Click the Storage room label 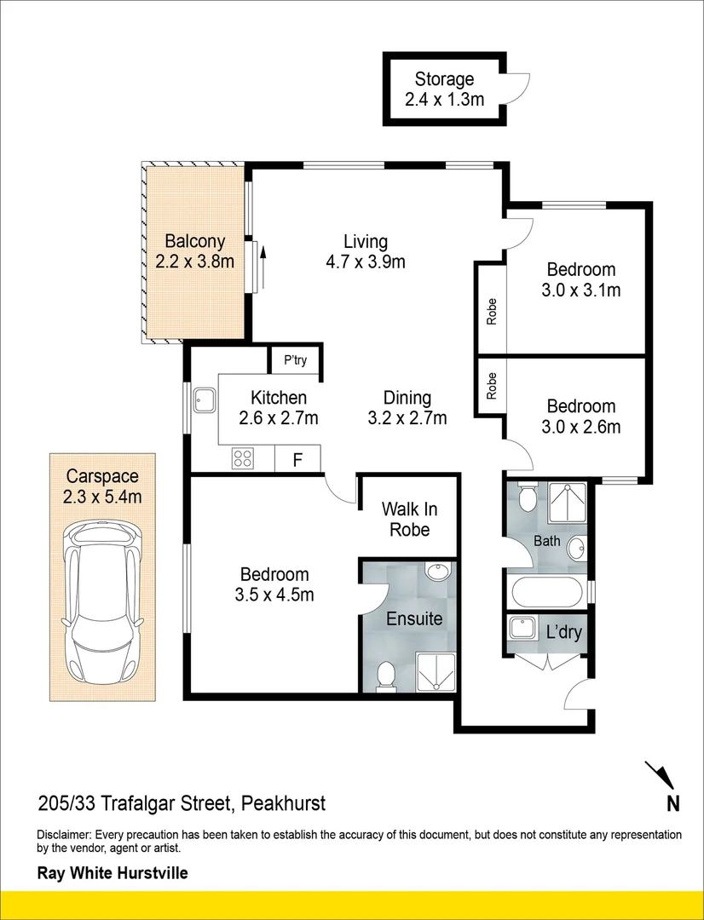(x=444, y=78)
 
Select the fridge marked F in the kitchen (x=297, y=459)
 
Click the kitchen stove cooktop (x=243, y=457)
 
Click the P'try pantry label (x=296, y=360)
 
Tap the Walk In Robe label (x=410, y=520)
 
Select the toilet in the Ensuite (x=385, y=675)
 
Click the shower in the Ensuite (x=436, y=672)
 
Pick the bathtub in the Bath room (x=546, y=593)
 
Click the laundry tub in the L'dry (x=521, y=628)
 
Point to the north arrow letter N (x=672, y=803)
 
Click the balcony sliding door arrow (x=263, y=267)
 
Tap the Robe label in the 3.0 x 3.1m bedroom (x=492, y=312)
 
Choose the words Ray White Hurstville (x=113, y=873)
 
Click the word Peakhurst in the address (x=284, y=802)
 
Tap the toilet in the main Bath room (x=528, y=497)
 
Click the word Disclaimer (x=64, y=835)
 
